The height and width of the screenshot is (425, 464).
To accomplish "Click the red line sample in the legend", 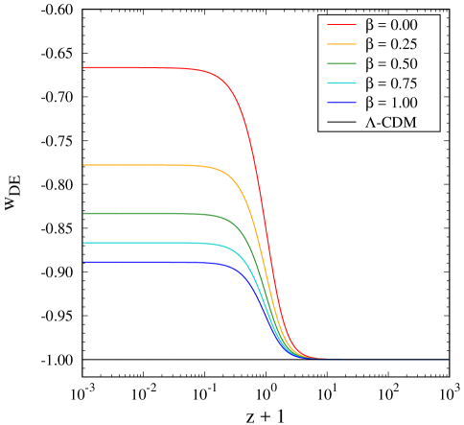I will point(341,25).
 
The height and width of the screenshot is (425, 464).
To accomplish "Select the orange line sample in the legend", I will point(341,44).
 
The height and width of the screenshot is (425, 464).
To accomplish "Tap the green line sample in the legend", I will point(341,63).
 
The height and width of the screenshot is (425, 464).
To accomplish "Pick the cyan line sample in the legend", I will point(341,83).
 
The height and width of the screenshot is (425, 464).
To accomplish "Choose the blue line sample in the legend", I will point(341,103).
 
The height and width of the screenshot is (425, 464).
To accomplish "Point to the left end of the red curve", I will point(84,68).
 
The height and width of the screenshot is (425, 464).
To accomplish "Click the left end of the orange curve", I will point(84,165).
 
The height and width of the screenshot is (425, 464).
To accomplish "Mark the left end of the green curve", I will point(84,213).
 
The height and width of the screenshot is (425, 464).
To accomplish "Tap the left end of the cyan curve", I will point(84,243).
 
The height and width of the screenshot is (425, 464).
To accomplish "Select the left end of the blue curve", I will point(84,262).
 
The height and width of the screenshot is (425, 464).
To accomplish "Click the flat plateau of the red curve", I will point(144,68).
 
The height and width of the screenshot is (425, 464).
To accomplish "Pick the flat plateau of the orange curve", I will point(144,165).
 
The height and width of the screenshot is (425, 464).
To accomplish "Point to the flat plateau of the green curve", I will point(144,213).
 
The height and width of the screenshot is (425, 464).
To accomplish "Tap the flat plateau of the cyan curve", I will point(144,243).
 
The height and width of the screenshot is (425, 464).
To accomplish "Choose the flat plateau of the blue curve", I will point(144,262).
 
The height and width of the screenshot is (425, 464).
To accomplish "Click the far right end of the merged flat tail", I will point(447,359).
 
